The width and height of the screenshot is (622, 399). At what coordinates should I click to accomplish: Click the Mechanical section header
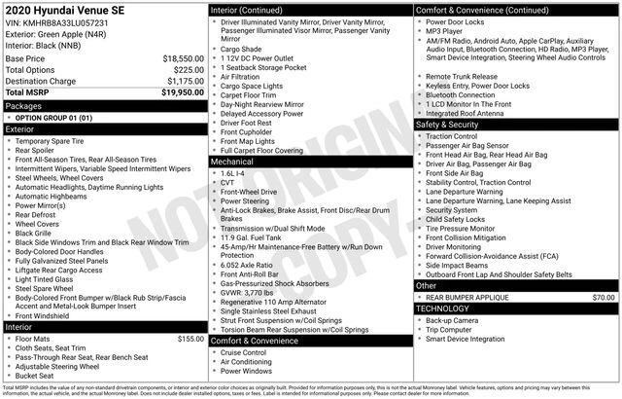click(x=233, y=163)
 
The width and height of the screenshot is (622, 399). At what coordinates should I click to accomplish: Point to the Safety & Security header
click(x=447, y=125)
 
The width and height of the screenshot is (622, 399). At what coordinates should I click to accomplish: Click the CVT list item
click(x=228, y=182)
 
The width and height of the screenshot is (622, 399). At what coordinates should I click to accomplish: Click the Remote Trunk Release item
click(x=462, y=76)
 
